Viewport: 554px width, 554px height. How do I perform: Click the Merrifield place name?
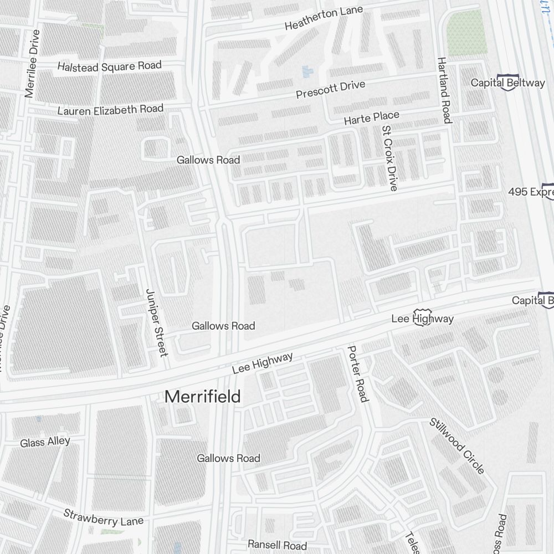(x=203, y=397)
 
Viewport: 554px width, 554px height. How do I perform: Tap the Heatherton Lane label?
(x=324, y=19)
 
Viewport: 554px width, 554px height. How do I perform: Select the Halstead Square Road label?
(x=110, y=66)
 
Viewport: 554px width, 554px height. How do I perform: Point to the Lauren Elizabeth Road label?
(x=111, y=110)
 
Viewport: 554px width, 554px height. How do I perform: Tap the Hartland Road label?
(x=444, y=90)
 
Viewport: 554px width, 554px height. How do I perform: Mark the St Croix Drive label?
(x=389, y=158)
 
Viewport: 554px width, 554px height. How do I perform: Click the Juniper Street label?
(x=156, y=322)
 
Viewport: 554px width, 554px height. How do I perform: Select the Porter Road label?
(x=357, y=373)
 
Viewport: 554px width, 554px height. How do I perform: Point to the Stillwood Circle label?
(x=457, y=445)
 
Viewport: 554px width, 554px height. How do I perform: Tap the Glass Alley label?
(x=45, y=442)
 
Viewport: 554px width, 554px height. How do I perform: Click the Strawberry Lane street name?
(x=103, y=517)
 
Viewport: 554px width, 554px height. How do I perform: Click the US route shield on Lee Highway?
(x=422, y=317)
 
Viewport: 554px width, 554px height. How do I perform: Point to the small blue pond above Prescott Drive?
(x=306, y=71)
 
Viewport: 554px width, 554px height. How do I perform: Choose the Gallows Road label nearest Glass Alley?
(x=228, y=458)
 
